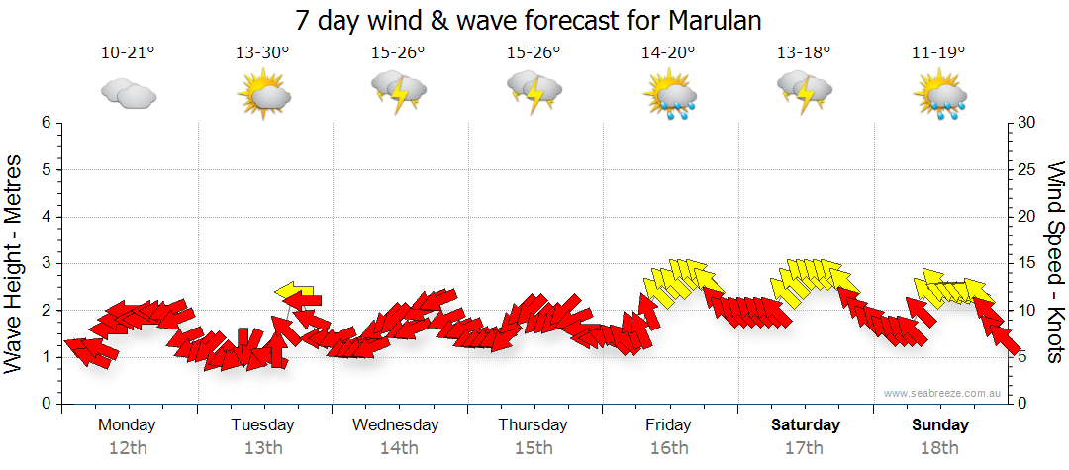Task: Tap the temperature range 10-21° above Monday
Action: pos(129,53)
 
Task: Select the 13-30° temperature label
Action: pos(262,53)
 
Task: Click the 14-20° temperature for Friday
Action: pos(668,53)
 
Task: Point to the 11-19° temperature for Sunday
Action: pos(938,53)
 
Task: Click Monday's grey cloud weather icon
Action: pos(129,94)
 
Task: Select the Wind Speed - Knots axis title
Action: pos(1054,262)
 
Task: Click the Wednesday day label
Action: pos(396,425)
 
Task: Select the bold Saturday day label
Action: pos(806,425)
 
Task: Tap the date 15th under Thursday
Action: pos(534,447)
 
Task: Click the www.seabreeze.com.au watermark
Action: pos(943,394)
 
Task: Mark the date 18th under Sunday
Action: pos(939,447)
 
